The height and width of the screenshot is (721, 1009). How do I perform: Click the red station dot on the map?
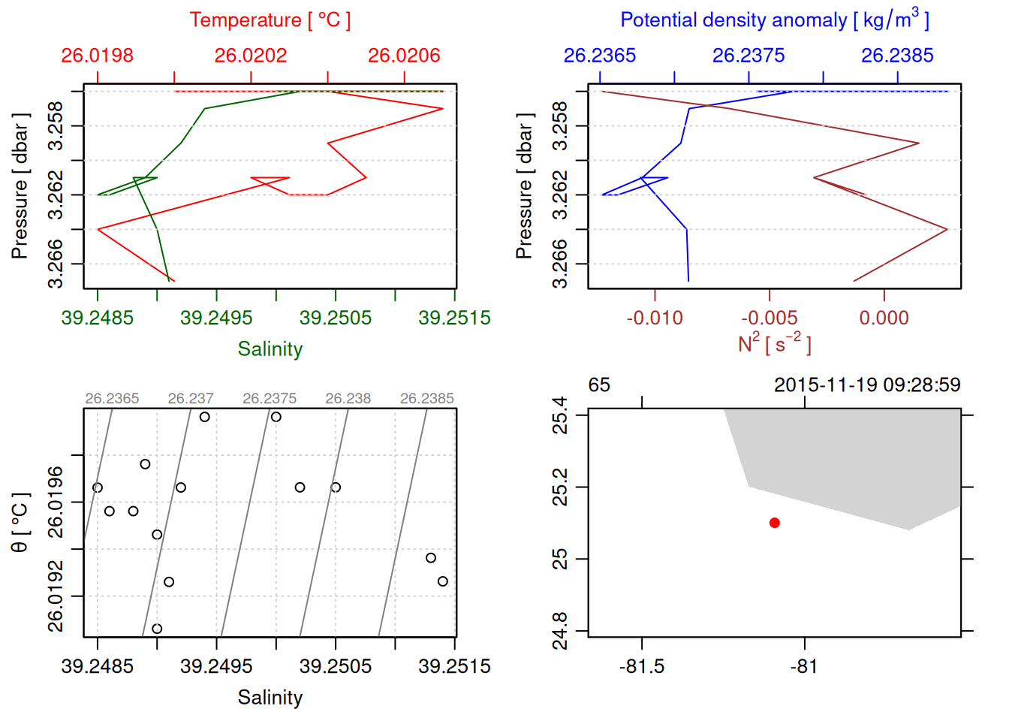click(x=774, y=523)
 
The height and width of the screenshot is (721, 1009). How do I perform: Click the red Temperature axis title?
click(x=270, y=20)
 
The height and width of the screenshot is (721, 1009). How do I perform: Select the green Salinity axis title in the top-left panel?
click(x=270, y=349)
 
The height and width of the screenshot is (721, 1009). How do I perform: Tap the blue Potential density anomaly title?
click(x=774, y=20)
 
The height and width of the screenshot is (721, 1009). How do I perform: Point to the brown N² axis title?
click(x=774, y=343)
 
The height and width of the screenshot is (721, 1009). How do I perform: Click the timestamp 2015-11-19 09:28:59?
click(x=867, y=385)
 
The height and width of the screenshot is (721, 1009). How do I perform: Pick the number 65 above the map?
click(x=599, y=385)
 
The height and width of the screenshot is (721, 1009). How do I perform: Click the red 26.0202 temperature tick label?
click(x=251, y=56)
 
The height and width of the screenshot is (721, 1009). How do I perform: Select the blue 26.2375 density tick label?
click(x=748, y=56)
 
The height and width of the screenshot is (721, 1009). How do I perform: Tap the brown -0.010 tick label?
click(x=655, y=318)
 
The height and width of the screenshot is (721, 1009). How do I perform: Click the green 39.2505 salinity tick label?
click(x=336, y=318)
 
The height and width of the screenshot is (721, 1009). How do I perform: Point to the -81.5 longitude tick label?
click(x=642, y=667)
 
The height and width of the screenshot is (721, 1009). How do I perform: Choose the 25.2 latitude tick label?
click(x=560, y=487)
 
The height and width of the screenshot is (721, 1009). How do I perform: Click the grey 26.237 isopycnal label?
click(x=191, y=399)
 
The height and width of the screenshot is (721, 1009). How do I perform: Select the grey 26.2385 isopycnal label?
click(x=426, y=399)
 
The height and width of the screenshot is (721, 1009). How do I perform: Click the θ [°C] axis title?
click(x=20, y=523)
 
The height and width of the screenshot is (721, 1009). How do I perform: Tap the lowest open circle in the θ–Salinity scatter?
click(x=157, y=629)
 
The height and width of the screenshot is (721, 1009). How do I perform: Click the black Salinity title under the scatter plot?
click(x=270, y=698)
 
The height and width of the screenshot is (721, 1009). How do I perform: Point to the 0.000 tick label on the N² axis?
click(x=884, y=318)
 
